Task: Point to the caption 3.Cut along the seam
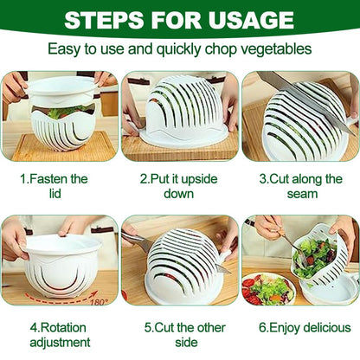click(299, 188)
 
